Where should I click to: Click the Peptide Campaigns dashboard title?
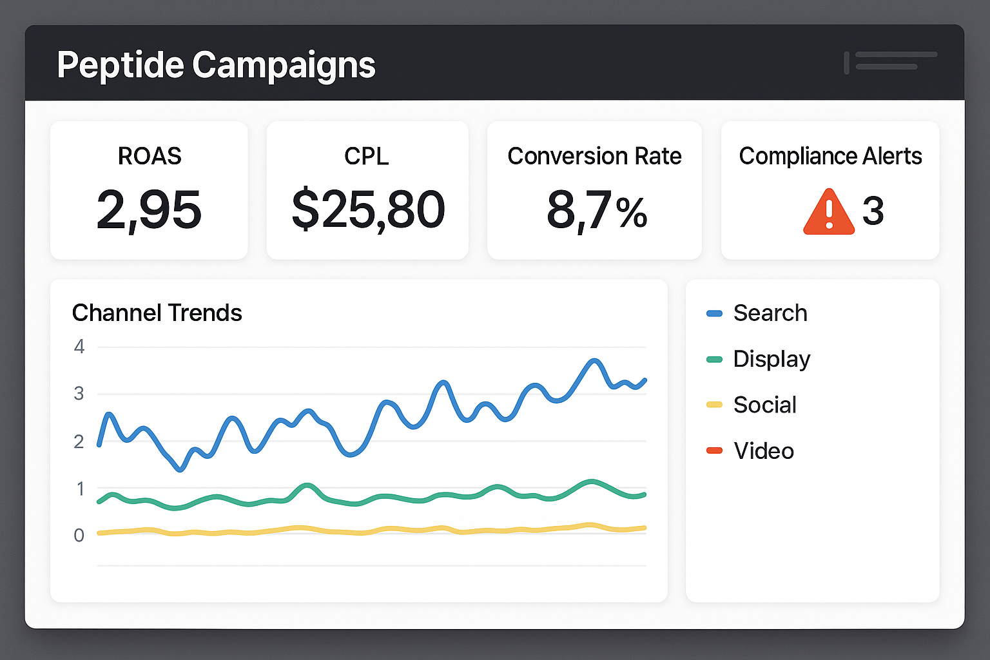point(216,65)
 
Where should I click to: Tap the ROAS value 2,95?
point(149,210)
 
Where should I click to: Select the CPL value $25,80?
point(367,210)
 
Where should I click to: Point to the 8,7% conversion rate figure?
point(596,210)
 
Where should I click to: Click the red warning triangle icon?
point(828,211)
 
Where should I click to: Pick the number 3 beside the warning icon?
point(873,211)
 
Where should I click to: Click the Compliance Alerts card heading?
point(830,156)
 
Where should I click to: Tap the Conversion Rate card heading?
point(594,156)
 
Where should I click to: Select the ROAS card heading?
point(150,156)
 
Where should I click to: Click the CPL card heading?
point(367,156)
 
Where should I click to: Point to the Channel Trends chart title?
point(157,313)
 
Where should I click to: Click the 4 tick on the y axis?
point(79,347)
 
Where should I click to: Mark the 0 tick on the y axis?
point(79,535)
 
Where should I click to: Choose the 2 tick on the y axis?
point(79,442)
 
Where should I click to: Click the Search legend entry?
point(770,313)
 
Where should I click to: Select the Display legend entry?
point(772,359)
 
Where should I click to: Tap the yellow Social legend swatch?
point(714,405)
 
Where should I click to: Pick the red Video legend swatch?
point(714,451)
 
